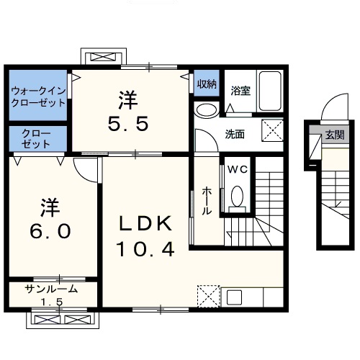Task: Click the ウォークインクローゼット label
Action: coord(37,96)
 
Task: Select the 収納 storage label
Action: coord(207,84)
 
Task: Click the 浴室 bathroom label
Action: coord(240,91)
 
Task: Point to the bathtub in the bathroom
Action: coord(271,91)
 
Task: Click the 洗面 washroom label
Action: coord(235,133)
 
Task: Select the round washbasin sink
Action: coord(204,110)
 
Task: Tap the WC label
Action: coord(237,170)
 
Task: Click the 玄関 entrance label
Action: coord(334,135)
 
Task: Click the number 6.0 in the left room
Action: coord(50,231)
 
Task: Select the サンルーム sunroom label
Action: coord(50,289)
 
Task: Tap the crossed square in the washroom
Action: coord(271,131)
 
